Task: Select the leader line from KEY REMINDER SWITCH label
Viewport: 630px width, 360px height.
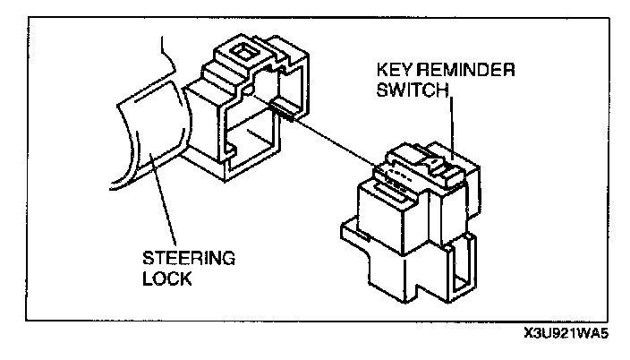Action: (x=451, y=125)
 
